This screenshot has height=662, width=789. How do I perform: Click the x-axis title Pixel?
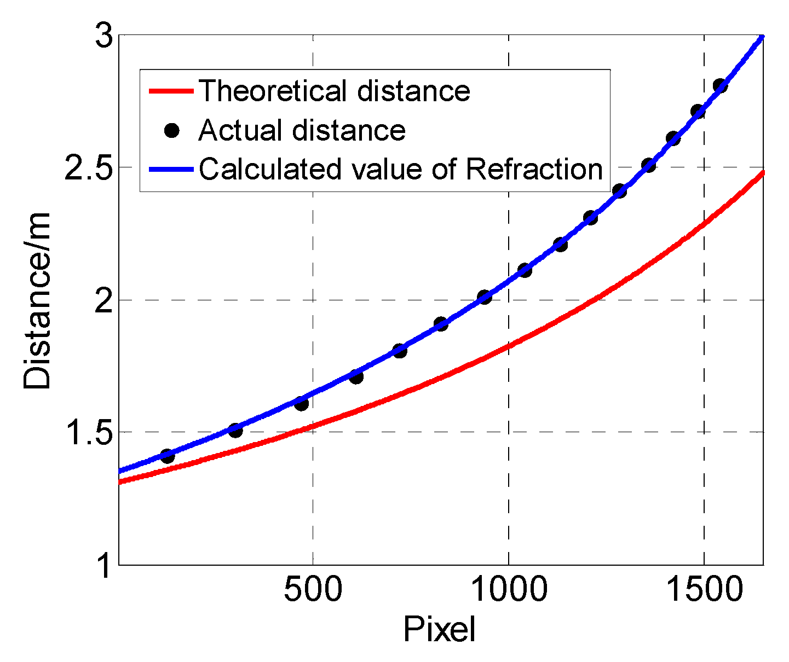(x=439, y=630)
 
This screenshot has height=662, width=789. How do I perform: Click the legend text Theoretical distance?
(x=334, y=90)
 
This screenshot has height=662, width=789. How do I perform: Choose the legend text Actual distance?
(x=302, y=130)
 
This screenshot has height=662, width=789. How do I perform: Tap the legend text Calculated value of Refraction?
(x=401, y=169)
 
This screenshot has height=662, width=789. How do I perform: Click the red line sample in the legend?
(x=171, y=91)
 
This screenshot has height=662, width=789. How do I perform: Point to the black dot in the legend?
(x=172, y=130)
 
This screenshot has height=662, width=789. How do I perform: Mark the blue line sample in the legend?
(x=171, y=170)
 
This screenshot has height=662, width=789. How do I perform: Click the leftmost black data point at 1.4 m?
(x=168, y=456)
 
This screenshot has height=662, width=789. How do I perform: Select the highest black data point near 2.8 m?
(x=720, y=86)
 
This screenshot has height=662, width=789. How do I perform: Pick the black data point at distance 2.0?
(x=484, y=298)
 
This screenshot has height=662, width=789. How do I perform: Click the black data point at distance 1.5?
(x=235, y=430)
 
